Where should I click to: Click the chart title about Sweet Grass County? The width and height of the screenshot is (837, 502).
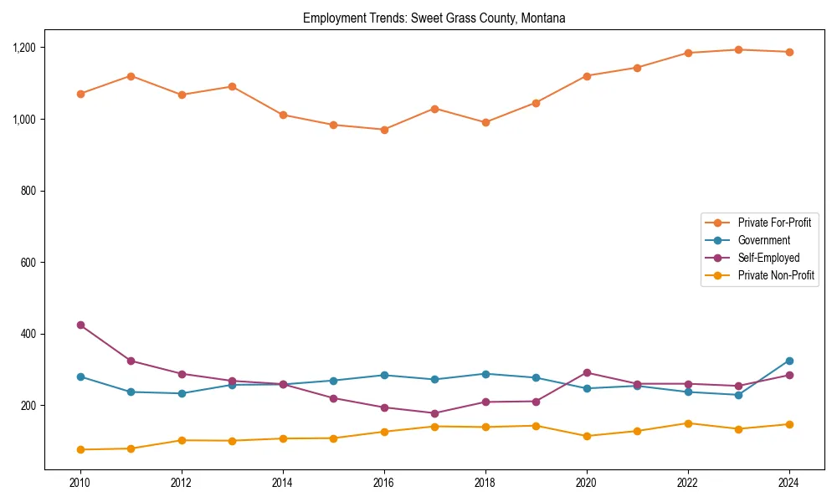[434, 18]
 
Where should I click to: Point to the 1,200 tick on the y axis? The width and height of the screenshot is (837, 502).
[25, 48]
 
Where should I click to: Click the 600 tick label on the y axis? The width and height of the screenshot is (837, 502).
[31, 263]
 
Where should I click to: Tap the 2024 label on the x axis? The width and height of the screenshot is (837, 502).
[789, 483]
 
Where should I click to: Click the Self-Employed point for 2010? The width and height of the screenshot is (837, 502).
[80, 325]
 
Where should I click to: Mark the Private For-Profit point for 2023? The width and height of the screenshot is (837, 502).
[738, 49]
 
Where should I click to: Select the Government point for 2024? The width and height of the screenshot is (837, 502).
[789, 361]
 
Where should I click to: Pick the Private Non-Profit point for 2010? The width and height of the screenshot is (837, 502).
[80, 449]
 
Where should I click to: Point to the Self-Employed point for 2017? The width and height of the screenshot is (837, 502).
[434, 413]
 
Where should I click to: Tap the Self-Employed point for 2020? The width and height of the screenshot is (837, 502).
[587, 372]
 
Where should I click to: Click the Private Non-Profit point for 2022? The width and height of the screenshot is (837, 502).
[688, 423]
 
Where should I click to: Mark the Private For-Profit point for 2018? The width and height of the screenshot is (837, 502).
[485, 122]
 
